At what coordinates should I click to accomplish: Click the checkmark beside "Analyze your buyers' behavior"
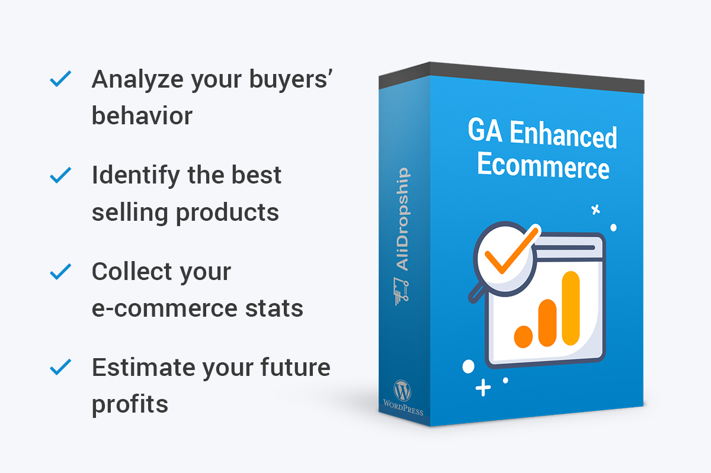(x=60, y=79)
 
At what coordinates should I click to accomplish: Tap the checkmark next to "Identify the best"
(x=60, y=175)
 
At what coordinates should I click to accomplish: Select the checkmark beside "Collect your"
(x=60, y=272)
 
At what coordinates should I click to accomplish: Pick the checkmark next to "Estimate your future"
(x=60, y=366)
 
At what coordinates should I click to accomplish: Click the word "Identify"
(x=136, y=176)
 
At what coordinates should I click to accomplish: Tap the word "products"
(x=228, y=213)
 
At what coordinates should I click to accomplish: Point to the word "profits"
(x=130, y=405)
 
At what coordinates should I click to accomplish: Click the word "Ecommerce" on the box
(x=543, y=166)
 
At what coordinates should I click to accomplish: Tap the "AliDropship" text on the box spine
(x=403, y=219)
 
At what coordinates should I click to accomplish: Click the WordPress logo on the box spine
(x=402, y=391)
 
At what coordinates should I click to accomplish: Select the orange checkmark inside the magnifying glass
(x=512, y=250)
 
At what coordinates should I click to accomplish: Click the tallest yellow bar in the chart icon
(x=571, y=308)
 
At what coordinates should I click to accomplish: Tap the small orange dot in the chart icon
(x=523, y=337)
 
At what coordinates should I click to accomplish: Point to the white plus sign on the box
(x=483, y=388)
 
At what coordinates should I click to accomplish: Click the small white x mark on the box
(x=596, y=210)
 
